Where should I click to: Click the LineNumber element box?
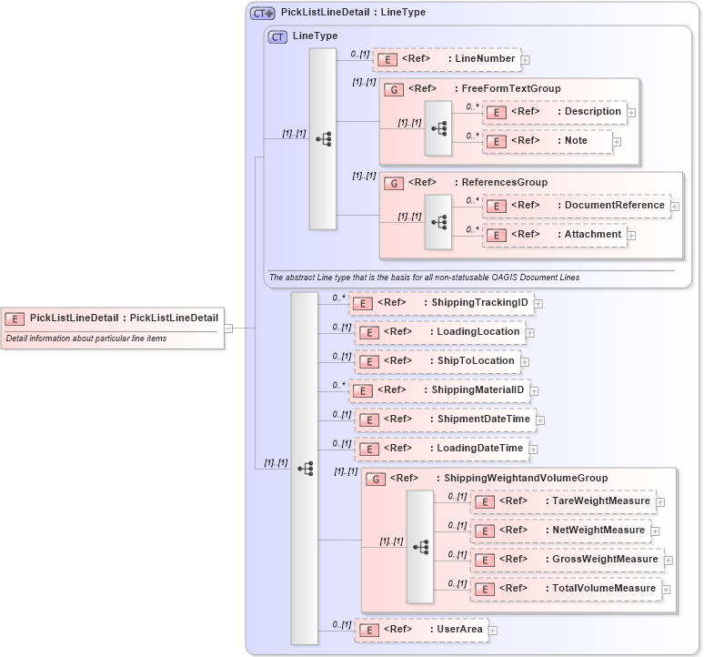pos(446,59)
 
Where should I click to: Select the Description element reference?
pos(554,112)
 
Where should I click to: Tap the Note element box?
pos(547,141)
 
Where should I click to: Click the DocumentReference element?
pos(577,206)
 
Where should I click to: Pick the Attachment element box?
pos(555,235)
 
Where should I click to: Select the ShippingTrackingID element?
pos(441,303)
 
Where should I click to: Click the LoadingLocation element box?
pos(439,332)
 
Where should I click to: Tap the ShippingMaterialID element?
pos(441,390)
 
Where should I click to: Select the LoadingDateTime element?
pos(441,449)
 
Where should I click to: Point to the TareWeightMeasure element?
pos(563,501)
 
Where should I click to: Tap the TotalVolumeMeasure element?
pos(566,589)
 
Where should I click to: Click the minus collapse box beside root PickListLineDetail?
pos(229,328)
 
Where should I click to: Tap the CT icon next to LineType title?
pos(278,36)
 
